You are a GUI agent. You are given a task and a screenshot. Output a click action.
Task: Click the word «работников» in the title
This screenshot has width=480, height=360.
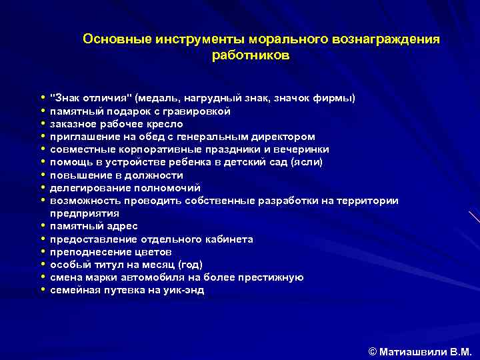click(250, 55)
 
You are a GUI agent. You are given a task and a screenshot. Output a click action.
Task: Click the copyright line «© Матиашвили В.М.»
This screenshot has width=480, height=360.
click(419, 350)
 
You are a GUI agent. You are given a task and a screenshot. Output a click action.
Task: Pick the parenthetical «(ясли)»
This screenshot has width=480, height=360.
click(307, 162)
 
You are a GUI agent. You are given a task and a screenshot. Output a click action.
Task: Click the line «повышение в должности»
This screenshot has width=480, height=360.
click(117, 175)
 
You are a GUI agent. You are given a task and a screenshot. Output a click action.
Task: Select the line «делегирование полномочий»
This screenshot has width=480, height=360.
click(125, 188)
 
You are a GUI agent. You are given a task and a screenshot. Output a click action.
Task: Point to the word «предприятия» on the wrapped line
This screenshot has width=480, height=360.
click(85, 213)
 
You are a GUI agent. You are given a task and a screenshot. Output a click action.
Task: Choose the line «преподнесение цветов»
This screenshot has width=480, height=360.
click(111, 252)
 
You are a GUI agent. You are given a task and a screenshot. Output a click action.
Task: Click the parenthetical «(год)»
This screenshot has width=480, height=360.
click(188, 265)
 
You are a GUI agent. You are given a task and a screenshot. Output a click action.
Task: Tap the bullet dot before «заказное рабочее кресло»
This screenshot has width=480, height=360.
click(42, 124)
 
